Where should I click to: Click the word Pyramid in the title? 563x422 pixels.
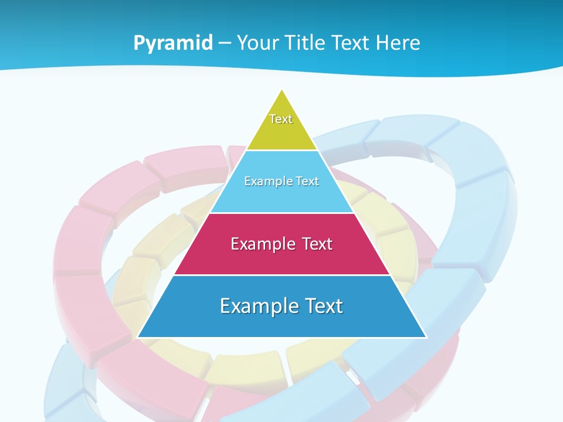pyautogui.click(x=172, y=43)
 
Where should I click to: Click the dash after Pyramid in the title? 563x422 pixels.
pyautogui.click(x=224, y=43)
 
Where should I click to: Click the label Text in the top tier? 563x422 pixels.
pyautogui.click(x=281, y=119)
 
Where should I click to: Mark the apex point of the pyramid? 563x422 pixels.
pyautogui.click(x=282, y=90)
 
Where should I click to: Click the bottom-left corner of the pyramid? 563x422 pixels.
pyautogui.click(x=138, y=337)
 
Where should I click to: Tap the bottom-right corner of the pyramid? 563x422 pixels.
pyautogui.click(x=426, y=337)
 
